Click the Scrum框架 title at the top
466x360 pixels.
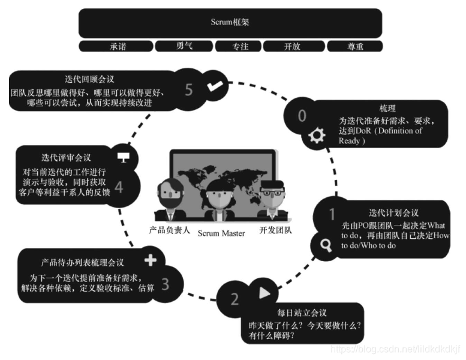coord(230,22)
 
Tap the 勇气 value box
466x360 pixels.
coord(183,46)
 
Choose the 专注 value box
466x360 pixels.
coord(240,46)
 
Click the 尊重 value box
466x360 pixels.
coord(354,46)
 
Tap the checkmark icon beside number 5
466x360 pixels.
coord(214,87)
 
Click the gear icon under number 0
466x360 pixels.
coord(316,136)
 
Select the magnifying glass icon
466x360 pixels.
coord(326,245)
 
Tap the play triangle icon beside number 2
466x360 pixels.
coord(264,293)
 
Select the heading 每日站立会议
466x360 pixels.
coord(302,313)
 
